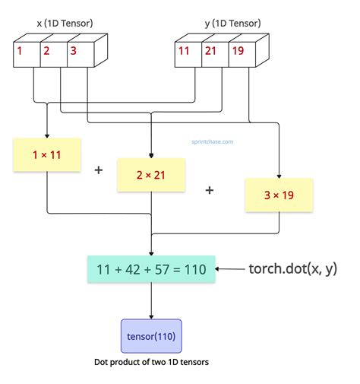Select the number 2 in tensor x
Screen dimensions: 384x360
point(46,52)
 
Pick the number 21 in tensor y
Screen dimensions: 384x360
point(210,52)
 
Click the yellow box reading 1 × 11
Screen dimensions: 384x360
point(46,154)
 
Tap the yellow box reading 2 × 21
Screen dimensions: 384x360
point(151,175)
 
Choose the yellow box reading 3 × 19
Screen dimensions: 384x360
point(278,195)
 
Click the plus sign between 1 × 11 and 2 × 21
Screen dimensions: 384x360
point(98,170)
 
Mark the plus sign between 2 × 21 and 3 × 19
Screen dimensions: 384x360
point(210,189)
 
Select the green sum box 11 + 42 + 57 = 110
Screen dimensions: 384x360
point(151,269)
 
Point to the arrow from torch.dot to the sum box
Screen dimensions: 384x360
point(229,269)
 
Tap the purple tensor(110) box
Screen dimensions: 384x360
point(151,336)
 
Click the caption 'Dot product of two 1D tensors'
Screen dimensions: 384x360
point(151,363)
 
